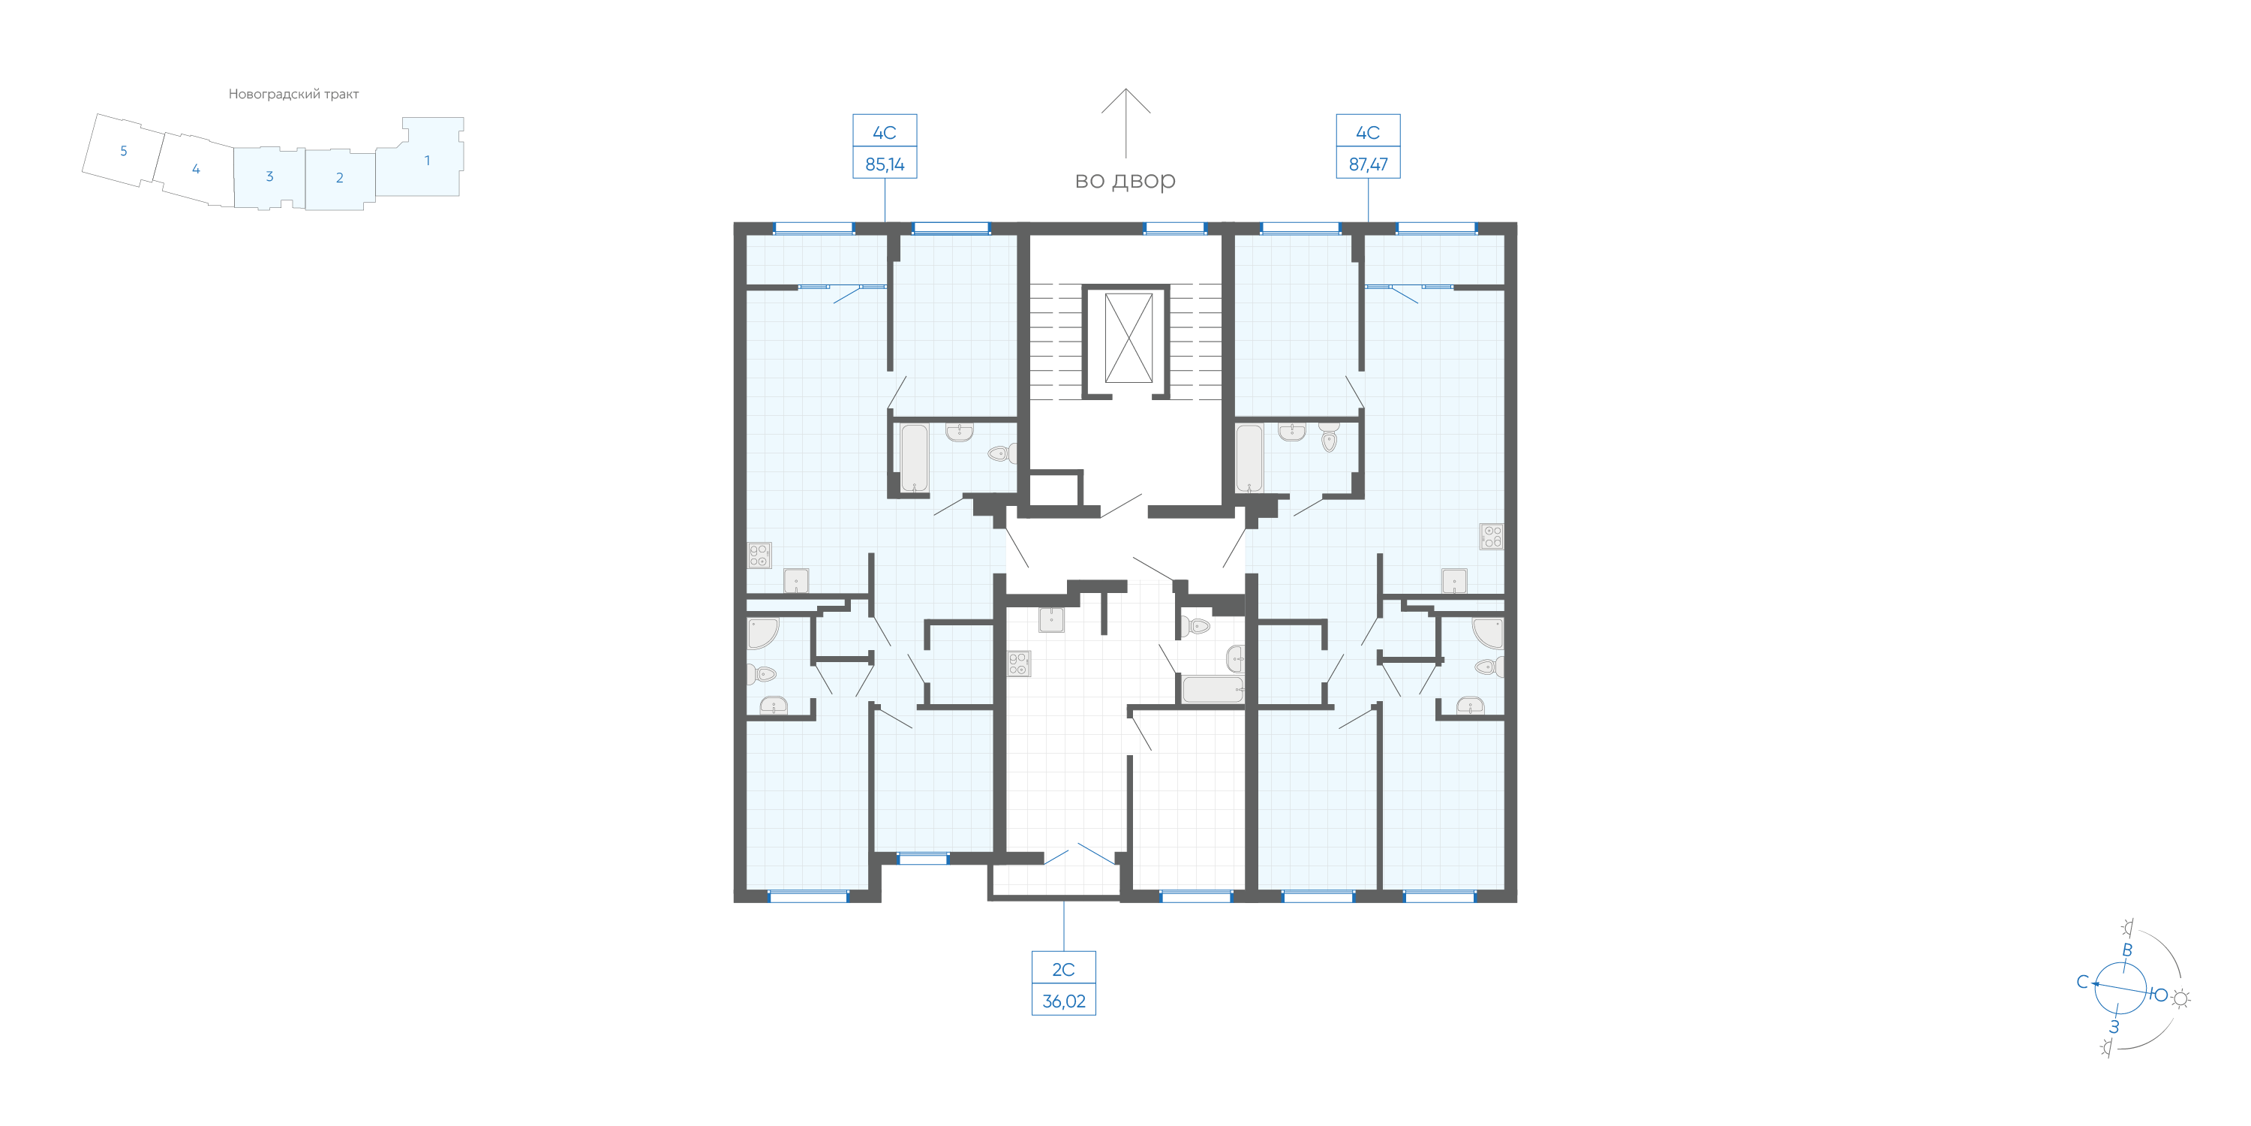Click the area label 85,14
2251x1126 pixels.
[885, 164]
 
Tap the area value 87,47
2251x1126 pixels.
[1368, 164]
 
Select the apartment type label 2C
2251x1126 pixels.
[1062, 970]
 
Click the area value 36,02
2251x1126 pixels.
[1063, 1001]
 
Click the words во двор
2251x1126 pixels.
[1125, 180]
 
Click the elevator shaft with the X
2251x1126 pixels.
[1128, 338]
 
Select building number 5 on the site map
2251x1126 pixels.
[123, 151]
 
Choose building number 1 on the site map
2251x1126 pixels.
[427, 160]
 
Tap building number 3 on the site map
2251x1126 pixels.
[269, 176]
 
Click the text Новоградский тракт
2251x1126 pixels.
[293, 95]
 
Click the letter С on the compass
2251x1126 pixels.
[2082, 982]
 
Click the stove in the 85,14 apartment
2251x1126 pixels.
[759, 555]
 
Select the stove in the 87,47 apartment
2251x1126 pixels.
[1491, 536]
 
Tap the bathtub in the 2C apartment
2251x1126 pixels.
[1212, 689]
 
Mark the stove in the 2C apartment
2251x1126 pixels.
[1019, 664]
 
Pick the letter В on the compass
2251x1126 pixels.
[2127, 950]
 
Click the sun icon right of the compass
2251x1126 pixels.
[2181, 998]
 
